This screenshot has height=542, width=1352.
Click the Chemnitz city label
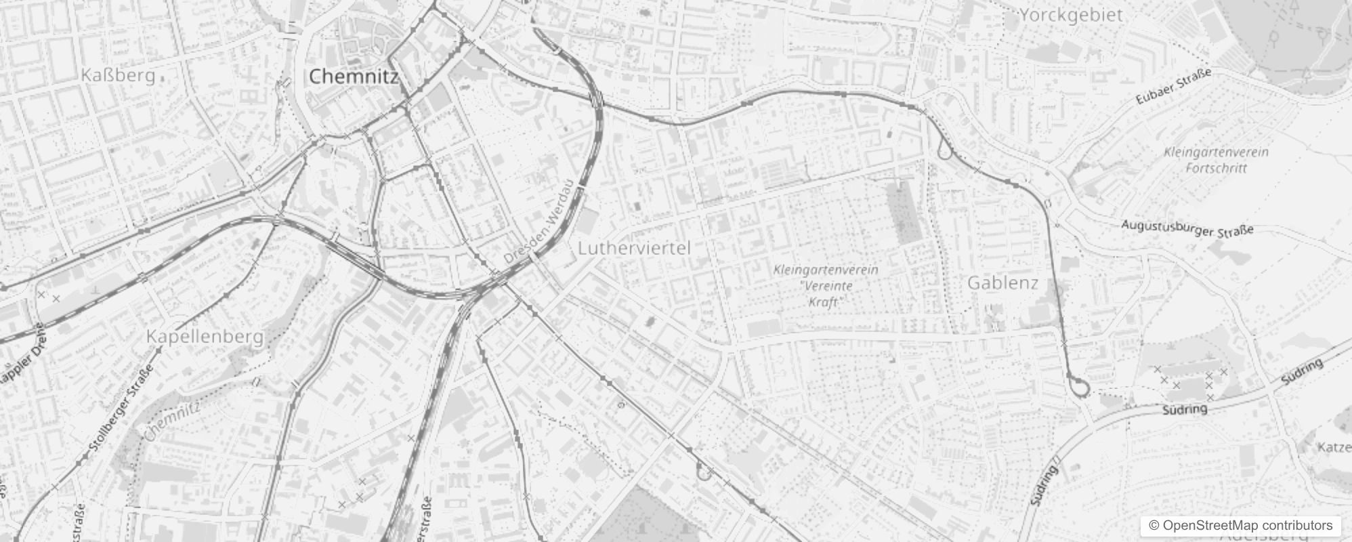coord(353,77)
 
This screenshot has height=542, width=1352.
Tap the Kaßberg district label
coord(118,75)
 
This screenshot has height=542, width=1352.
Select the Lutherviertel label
coord(634,249)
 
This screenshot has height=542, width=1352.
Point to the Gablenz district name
coord(1002,283)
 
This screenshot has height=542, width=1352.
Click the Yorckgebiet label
coord(1071,15)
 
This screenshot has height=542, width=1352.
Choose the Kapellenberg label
coord(205,336)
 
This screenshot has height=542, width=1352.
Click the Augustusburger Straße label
coord(1187,228)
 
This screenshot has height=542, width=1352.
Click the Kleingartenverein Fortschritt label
coord(1216,160)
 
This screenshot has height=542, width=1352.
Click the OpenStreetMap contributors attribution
coord(1240,525)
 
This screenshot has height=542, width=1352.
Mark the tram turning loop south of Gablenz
coord(1080,387)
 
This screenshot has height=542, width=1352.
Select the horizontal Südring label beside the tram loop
coord(1185,409)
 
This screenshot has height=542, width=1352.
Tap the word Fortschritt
coord(1216,168)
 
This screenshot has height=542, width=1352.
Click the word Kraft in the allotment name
coord(824,301)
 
